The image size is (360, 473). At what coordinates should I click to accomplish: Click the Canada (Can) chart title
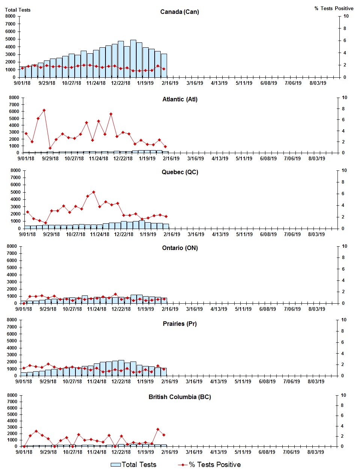tap(179, 12)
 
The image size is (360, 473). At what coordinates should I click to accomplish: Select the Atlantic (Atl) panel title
tap(180, 99)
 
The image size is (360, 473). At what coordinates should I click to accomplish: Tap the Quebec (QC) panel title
tap(180, 172)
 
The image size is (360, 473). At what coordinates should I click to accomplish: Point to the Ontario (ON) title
tap(180, 248)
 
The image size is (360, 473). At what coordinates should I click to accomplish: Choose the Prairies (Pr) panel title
tap(179, 324)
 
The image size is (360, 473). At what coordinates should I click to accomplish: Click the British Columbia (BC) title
tap(179, 397)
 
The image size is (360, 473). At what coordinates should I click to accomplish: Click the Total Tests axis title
tap(18, 10)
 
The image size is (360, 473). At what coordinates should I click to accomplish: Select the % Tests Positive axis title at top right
tap(334, 8)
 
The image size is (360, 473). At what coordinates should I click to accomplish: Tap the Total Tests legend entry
tap(134, 465)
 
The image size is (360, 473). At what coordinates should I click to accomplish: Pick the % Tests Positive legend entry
tap(209, 465)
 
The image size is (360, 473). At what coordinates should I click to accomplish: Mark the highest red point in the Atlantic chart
tap(44, 110)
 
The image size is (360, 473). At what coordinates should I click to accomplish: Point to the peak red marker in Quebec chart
tap(93, 192)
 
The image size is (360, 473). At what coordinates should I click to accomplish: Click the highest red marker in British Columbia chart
tap(158, 429)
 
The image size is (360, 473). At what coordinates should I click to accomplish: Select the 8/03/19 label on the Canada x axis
tap(318, 83)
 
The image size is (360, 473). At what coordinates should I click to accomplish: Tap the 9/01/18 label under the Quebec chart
tap(27, 234)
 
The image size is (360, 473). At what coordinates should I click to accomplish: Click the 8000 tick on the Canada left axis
tap(11, 16)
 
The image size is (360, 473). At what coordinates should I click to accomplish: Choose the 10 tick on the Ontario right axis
tap(344, 246)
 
